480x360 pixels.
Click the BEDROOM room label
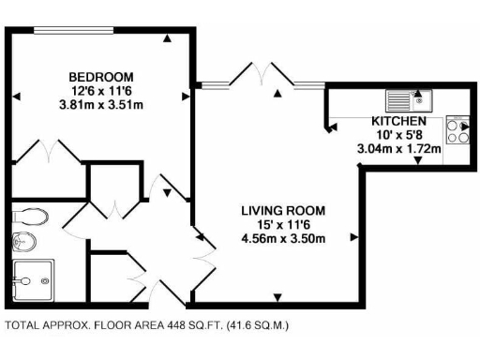point(100,76)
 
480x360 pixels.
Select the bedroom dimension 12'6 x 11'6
point(100,90)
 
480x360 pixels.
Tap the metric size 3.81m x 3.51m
point(100,104)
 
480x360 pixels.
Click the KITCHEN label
point(399,122)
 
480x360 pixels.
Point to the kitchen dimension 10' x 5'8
point(399,135)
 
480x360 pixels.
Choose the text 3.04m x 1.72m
point(399,148)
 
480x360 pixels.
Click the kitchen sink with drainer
point(407,97)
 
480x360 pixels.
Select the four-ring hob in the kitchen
point(458,130)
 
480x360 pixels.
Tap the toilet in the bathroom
point(31,216)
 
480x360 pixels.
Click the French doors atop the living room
point(260,75)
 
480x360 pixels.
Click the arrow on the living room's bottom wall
point(278,297)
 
